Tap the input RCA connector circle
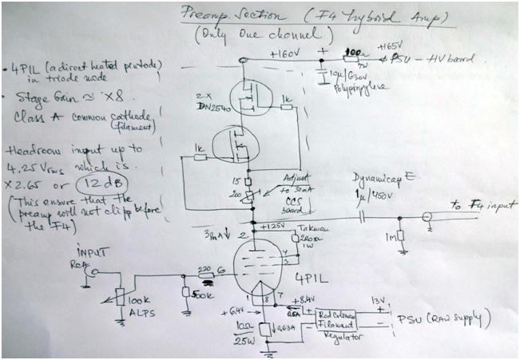[x=93, y=274]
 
